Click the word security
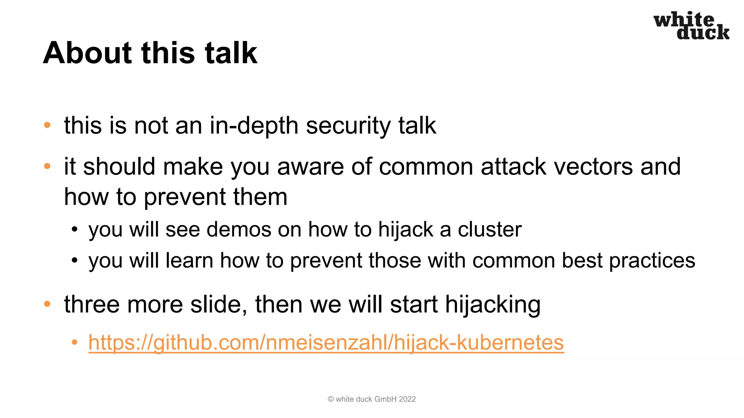pyautogui.click(x=348, y=126)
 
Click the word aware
pyautogui.click(x=310, y=167)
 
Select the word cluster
pyautogui.click(x=489, y=230)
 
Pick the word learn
pyautogui.click(x=189, y=261)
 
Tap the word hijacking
pyautogui.click(x=493, y=305)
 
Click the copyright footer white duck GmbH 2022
pyautogui.click(x=372, y=399)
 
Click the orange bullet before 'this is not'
pyautogui.click(x=47, y=126)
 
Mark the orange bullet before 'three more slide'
pyautogui.click(x=47, y=304)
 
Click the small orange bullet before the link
pyautogui.click(x=74, y=342)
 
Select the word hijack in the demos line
pyautogui.click(x=405, y=230)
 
